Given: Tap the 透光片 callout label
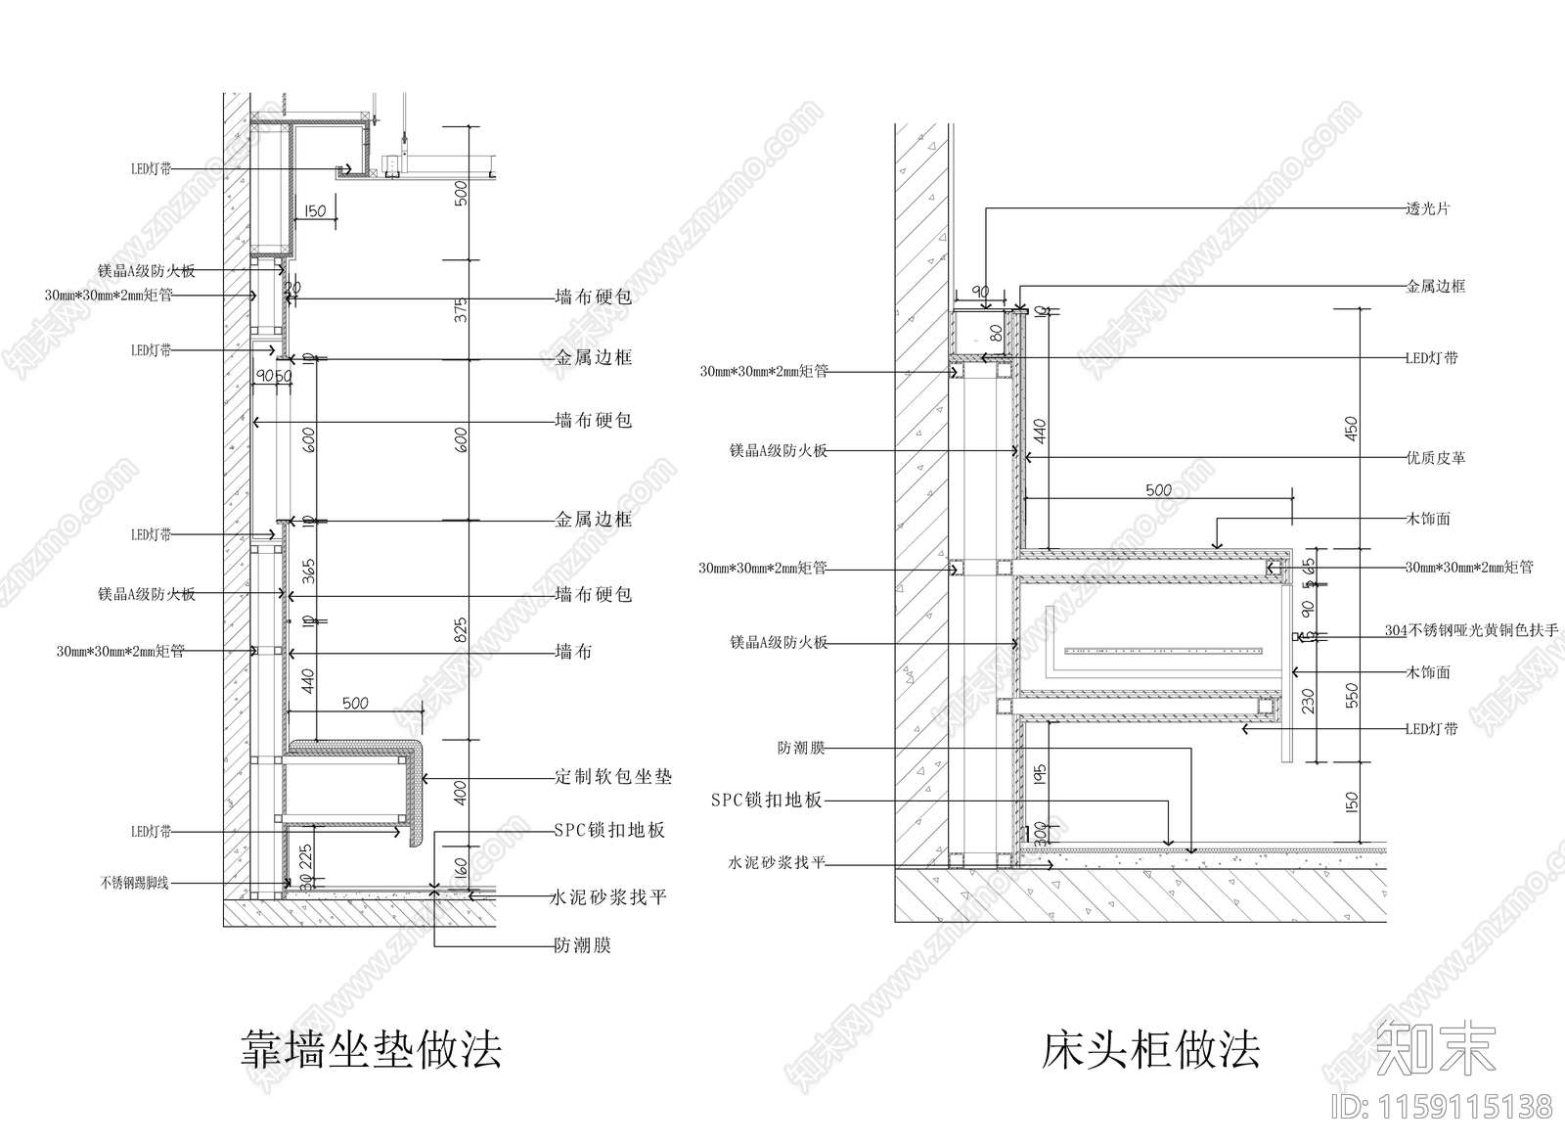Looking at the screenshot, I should coord(1428,208).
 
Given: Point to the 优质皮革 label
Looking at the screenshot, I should coord(1436,457).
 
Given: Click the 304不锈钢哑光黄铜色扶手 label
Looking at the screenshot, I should coord(1471,631).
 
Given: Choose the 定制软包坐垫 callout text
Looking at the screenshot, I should coord(613,777).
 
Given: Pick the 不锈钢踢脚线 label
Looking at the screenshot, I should coord(134,883).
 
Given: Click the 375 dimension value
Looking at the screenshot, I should coord(463,309).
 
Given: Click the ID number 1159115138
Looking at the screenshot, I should coord(1443,1107).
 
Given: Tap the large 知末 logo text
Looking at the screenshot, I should coord(1436,1048).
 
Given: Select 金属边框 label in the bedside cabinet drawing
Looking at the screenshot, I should coord(1436,287).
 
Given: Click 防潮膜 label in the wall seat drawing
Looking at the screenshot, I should coord(582,945).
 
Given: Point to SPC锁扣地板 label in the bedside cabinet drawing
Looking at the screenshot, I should coord(766,801).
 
